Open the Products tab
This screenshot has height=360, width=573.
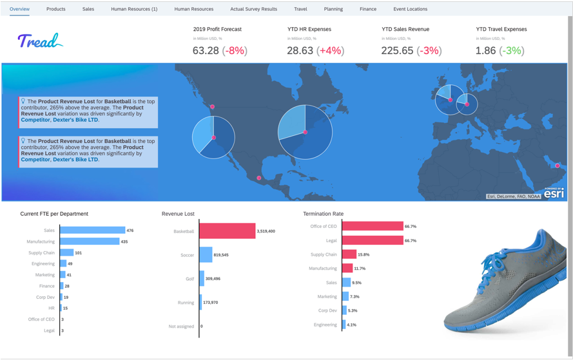(55, 9)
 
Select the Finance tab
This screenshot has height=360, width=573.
(368, 9)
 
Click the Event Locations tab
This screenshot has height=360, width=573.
(410, 9)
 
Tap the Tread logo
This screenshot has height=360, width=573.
(39, 42)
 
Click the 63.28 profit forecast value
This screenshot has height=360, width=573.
(206, 50)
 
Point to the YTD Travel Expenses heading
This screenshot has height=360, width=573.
(501, 29)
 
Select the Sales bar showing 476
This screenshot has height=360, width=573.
(93, 230)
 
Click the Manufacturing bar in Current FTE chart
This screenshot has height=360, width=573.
(90, 242)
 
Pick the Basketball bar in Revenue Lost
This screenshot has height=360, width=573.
(227, 231)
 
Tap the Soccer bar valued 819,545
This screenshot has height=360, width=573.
(206, 255)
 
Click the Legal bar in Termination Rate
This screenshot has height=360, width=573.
(373, 240)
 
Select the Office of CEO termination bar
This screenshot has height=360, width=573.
(373, 226)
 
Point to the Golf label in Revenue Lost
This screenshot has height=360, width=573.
(189, 279)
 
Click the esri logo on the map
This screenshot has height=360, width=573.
(554, 193)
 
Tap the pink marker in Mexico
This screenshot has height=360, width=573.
(259, 178)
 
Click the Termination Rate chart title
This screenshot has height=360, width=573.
(323, 214)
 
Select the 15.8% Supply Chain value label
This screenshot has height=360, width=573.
(364, 254)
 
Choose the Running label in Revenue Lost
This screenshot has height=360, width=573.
(186, 302)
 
